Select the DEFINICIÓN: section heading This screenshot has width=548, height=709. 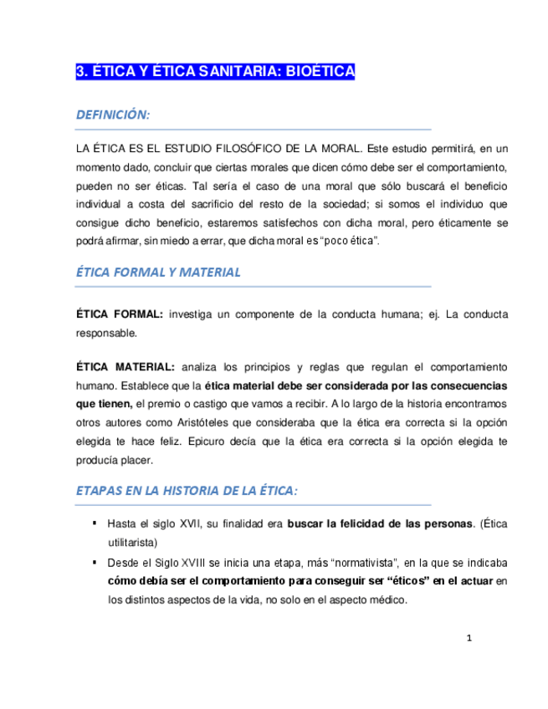113,115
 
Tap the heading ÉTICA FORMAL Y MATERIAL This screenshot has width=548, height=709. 158,272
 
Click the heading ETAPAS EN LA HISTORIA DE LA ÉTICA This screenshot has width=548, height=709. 185,490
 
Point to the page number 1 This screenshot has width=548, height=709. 469,639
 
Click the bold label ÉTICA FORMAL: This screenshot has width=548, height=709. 120,314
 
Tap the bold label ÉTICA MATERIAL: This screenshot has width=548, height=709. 126,369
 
